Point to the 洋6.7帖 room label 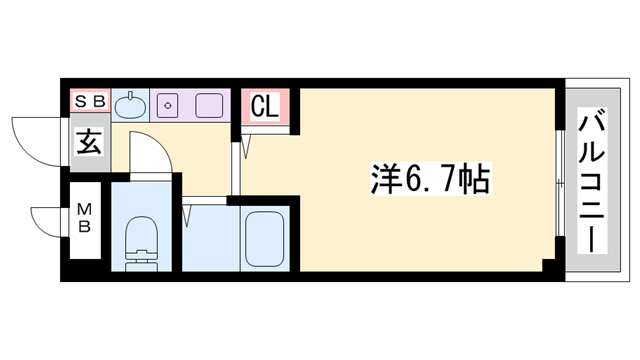tap(424, 180)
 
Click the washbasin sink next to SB tap(130, 105)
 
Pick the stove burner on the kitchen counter tap(169, 104)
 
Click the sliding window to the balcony tap(556, 180)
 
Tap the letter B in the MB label tap(87, 225)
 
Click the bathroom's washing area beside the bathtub tap(207, 240)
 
